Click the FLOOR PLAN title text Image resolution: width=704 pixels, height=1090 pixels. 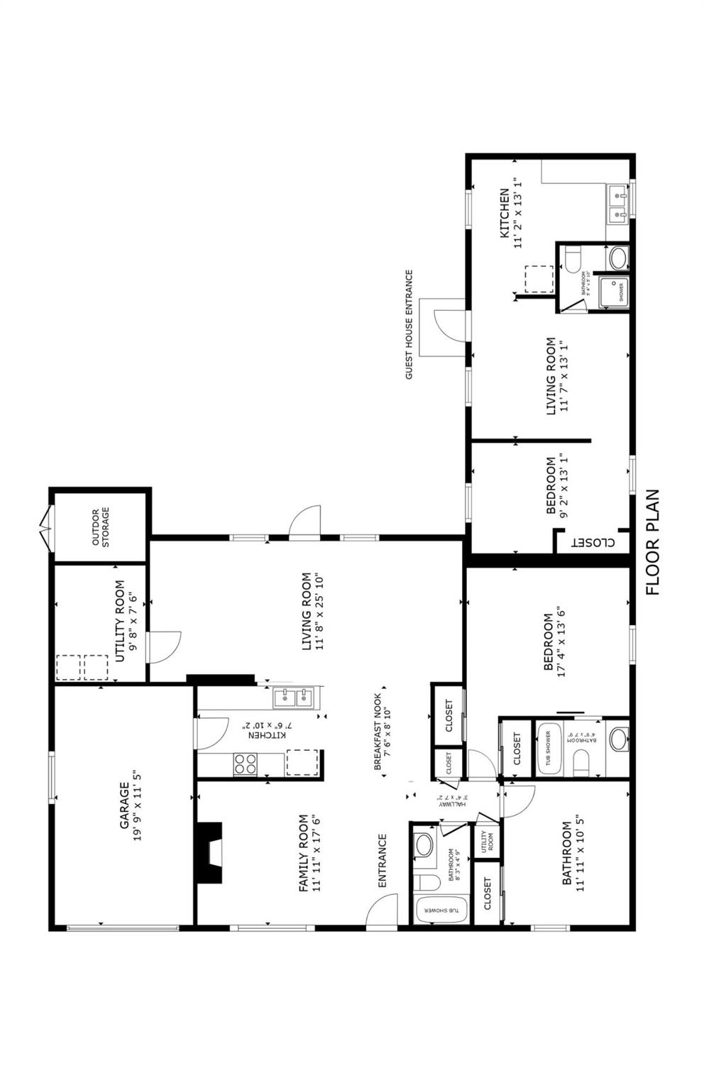(x=653, y=542)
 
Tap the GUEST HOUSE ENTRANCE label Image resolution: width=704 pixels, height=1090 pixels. (x=409, y=324)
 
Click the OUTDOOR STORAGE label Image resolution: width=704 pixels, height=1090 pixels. (x=100, y=527)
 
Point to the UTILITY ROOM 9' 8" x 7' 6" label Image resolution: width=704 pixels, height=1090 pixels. (x=126, y=621)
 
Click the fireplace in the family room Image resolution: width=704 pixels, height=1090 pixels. (x=209, y=852)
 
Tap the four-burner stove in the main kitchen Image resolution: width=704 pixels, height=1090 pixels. (x=246, y=764)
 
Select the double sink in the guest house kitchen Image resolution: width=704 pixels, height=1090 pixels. (x=617, y=202)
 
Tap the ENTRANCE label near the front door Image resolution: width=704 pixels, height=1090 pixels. (x=382, y=860)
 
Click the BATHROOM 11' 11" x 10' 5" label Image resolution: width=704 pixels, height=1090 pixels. (x=572, y=854)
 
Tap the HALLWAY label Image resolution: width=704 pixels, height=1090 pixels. (x=450, y=800)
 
